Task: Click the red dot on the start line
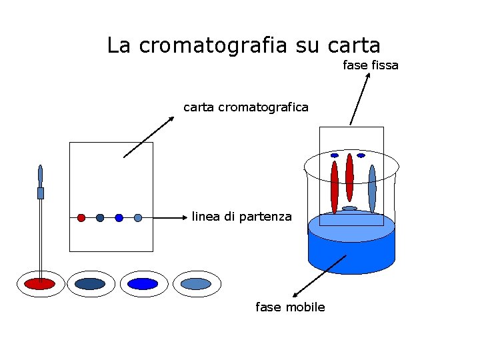pyautogui.click(x=81, y=217)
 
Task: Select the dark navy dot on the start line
pyautogui.click(x=100, y=217)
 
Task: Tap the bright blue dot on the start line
pyautogui.click(x=119, y=217)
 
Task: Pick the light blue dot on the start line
pyautogui.click(x=138, y=217)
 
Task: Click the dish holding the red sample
pyautogui.click(x=40, y=284)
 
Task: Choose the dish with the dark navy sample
pyautogui.click(x=91, y=284)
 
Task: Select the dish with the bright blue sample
pyautogui.click(x=143, y=284)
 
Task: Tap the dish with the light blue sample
pyautogui.click(x=196, y=284)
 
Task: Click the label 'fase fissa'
pyautogui.click(x=370, y=65)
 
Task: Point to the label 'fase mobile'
pyautogui.click(x=290, y=307)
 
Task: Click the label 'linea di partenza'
pyautogui.click(x=241, y=217)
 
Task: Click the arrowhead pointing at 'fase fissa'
pyautogui.click(x=368, y=76)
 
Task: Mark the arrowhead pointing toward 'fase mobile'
pyautogui.click(x=295, y=294)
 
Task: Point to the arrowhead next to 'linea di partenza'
pyautogui.click(x=187, y=217)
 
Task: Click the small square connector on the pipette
pyautogui.click(x=41, y=193)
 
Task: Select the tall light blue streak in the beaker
pyautogui.click(x=372, y=187)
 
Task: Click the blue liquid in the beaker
pyautogui.click(x=351, y=250)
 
